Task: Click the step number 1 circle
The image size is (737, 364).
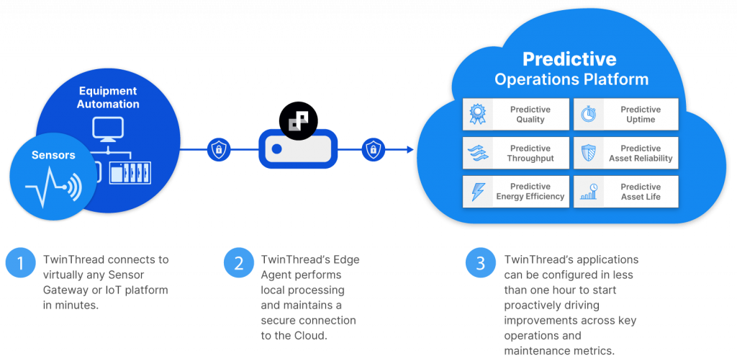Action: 20,263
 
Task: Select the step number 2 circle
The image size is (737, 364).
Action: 238,263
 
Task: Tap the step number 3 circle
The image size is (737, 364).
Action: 480,263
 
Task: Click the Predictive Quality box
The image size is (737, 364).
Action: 516,115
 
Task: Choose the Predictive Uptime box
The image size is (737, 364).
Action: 625,115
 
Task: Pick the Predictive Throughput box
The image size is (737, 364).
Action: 516,154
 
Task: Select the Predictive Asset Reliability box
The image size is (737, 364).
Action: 625,154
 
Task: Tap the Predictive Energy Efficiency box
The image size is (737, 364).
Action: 516,192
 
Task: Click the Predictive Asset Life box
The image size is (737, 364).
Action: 625,192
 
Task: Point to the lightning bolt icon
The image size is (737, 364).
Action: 478,192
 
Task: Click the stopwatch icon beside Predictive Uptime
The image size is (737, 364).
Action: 589,115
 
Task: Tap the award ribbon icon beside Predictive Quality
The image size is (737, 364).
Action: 478,115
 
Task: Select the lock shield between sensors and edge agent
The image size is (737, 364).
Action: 218,149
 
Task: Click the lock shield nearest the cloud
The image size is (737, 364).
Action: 372,149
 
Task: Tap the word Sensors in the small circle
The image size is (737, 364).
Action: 53,155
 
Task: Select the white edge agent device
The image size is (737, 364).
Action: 298,150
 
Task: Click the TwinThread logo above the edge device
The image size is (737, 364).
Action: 298,121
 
